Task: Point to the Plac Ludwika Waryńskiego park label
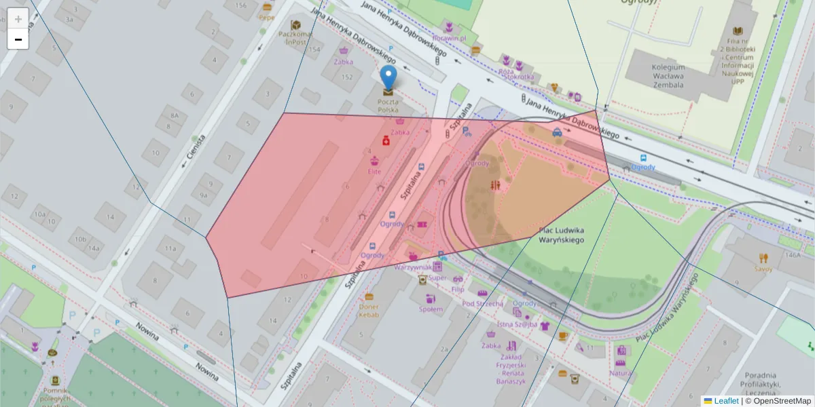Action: point(562,235)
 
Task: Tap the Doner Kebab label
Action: point(369,310)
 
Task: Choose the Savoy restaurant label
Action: point(763,269)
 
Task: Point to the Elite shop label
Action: point(374,171)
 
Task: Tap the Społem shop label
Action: point(431,309)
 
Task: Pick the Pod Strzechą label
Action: point(483,303)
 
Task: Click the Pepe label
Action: point(266,18)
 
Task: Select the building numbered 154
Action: point(314,50)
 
